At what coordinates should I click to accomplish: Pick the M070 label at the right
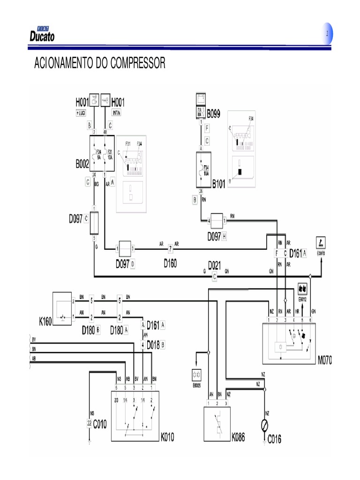[x=324, y=360]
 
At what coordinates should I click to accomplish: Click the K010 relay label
[x=167, y=438]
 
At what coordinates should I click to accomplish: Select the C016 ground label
[x=275, y=439]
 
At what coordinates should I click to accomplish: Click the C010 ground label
[x=100, y=425]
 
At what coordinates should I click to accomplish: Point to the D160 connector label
[x=171, y=263]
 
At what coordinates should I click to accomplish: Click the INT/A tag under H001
[x=117, y=113]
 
